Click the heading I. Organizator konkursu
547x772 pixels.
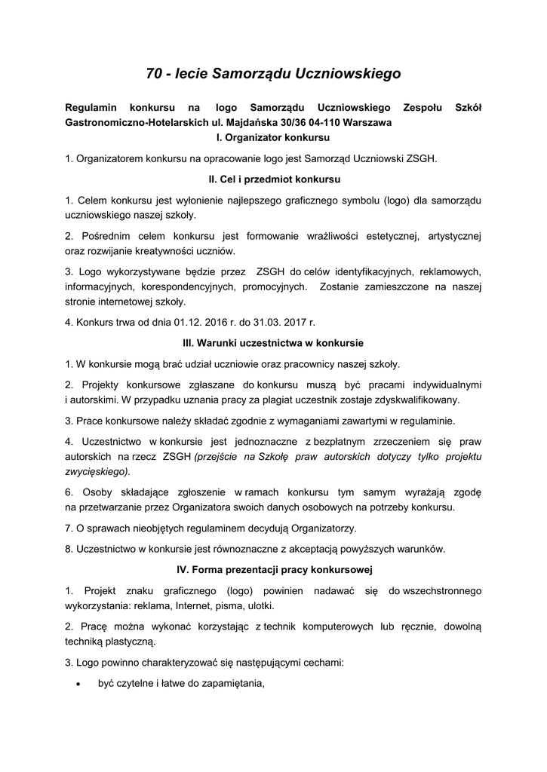click(x=273, y=138)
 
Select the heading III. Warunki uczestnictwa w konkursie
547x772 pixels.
click(x=273, y=343)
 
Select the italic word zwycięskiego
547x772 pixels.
click(x=97, y=471)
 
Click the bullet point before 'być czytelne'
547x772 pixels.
click(x=79, y=685)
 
